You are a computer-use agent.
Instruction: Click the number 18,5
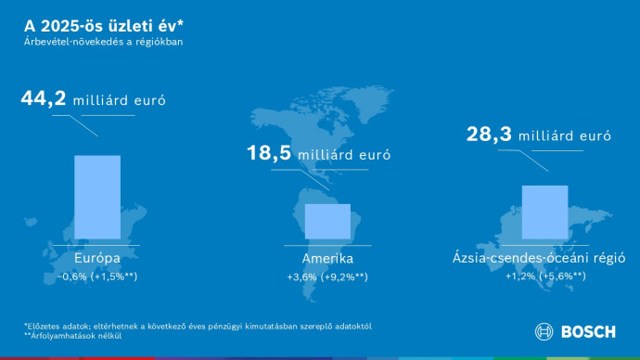(269, 154)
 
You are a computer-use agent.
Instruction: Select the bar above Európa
(96, 197)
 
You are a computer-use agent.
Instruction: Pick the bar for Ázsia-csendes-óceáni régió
(544, 212)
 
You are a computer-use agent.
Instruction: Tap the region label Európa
(96, 259)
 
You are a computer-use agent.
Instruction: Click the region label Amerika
(327, 259)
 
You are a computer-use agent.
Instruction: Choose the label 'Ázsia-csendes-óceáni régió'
(544, 259)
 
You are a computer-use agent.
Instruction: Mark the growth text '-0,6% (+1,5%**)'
(96, 276)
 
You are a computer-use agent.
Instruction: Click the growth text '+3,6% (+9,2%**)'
(327, 276)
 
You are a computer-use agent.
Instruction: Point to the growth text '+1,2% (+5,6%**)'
(544, 276)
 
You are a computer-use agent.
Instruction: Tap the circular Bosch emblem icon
(544, 332)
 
